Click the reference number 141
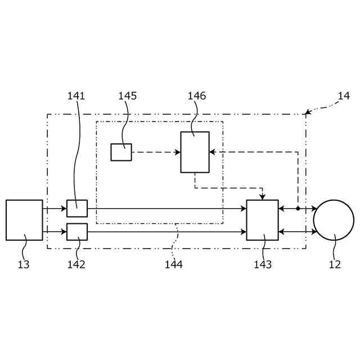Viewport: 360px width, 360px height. (x=76, y=96)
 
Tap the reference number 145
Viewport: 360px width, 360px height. (x=127, y=96)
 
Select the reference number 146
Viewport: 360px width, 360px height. (x=197, y=96)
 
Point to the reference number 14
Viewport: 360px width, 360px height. (x=344, y=96)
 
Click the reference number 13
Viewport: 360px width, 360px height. (x=24, y=264)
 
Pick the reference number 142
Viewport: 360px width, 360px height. (x=76, y=264)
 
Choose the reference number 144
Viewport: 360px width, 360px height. (x=173, y=264)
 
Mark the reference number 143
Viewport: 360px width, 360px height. (x=262, y=264)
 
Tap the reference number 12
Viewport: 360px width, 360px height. (x=335, y=264)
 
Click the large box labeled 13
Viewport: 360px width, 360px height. (x=24, y=220)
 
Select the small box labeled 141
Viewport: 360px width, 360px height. (x=77, y=208)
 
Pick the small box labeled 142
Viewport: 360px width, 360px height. (x=77, y=232)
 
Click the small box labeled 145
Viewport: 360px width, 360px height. (x=121, y=152)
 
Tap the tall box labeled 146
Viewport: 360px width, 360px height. (x=195, y=152)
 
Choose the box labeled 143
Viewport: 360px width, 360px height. (x=262, y=220)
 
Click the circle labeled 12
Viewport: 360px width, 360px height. (x=334, y=220)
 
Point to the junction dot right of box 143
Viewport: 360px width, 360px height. (x=298, y=208)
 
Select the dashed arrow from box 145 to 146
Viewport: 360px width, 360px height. (x=155, y=152)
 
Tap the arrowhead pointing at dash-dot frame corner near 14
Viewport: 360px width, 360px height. (x=308, y=112)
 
